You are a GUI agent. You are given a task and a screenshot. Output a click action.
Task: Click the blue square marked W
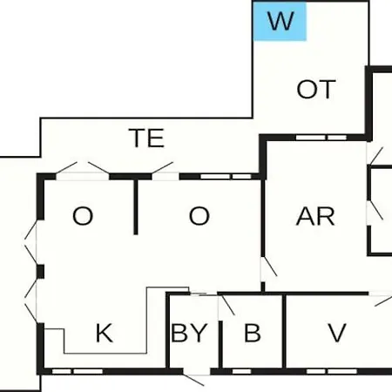pos(280,21)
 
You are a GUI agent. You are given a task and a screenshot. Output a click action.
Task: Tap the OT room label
pos(316,90)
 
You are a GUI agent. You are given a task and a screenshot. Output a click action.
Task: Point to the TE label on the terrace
pos(146,138)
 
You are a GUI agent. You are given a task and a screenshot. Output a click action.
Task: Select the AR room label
pos(315,216)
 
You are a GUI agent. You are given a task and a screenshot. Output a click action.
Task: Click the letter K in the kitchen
pos(105,333)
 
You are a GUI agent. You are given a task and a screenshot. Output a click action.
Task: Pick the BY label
pos(189,333)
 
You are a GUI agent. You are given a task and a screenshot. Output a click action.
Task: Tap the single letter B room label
pos(253,333)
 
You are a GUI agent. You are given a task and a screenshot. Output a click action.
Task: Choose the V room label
pos(337,333)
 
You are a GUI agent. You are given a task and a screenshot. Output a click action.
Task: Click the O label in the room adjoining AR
pos(199,216)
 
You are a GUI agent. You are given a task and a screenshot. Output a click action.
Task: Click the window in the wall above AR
pos(321,138)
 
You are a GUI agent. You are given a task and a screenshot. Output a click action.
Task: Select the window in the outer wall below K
pos(78,371)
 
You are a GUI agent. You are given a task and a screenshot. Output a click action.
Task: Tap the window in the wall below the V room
pos(332,371)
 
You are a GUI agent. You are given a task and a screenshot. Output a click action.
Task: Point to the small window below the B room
pos(241,371)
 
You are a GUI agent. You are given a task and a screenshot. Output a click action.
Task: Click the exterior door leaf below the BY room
pos(193,380)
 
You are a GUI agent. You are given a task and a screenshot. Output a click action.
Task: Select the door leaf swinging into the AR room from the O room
pos(269,267)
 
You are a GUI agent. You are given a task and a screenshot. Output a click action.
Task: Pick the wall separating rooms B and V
pos(284,332)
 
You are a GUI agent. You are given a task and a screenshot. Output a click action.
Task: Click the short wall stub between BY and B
pos(220,345)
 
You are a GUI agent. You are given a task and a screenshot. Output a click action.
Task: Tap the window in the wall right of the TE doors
pos(226,177)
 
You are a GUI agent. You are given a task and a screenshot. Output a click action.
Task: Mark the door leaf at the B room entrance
pos(227,305)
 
